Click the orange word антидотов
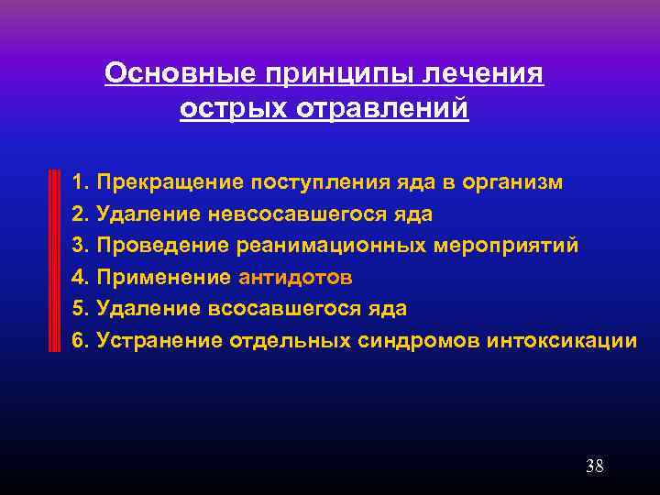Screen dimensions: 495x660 [x=295, y=278]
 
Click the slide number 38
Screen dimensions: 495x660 [x=594, y=466]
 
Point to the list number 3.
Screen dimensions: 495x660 [x=78, y=246]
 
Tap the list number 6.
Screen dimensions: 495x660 [x=78, y=341]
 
